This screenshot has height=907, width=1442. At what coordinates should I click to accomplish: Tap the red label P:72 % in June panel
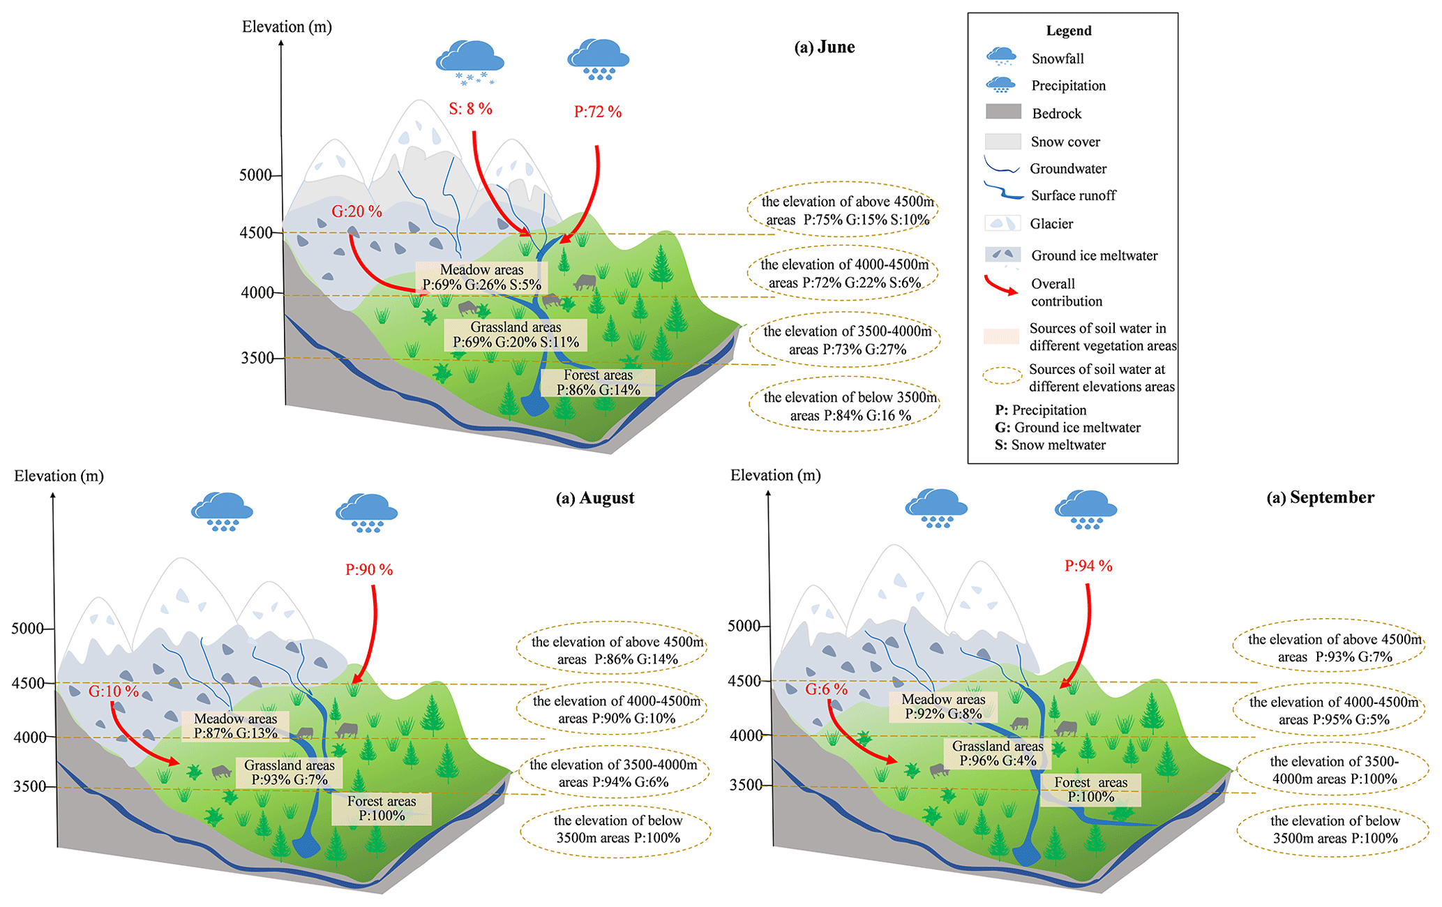(598, 112)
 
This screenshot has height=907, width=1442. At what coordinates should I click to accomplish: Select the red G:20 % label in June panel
(356, 211)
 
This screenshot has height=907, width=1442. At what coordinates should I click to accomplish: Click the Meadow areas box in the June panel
(481, 277)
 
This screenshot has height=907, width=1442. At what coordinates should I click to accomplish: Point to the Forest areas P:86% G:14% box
(598, 382)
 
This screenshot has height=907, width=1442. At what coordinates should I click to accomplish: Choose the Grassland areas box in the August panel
(290, 772)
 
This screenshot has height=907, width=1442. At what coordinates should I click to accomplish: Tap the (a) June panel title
(824, 47)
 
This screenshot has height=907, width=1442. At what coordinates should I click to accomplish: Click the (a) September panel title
(1320, 497)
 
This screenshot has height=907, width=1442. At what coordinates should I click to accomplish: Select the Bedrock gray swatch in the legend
(1003, 112)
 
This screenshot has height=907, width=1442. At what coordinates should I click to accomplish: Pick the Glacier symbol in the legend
(1002, 223)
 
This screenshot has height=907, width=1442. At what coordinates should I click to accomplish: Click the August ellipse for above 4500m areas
(612, 650)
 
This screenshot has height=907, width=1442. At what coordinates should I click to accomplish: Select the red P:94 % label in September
(1088, 566)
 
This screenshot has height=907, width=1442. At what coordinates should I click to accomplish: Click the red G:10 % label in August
(114, 691)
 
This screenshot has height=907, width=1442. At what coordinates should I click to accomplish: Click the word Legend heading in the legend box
(1068, 31)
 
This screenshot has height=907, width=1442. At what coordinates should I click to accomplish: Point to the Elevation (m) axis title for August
(59, 476)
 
